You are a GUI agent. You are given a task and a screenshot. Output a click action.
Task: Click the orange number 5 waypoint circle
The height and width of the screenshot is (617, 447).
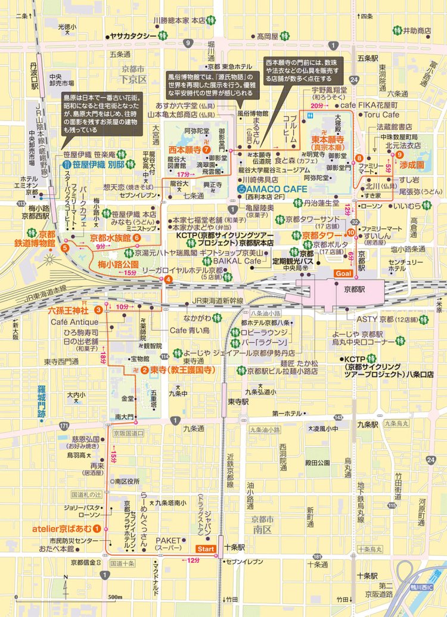click(64, 247)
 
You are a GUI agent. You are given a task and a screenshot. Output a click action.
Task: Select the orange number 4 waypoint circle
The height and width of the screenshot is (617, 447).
click(169, 280)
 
